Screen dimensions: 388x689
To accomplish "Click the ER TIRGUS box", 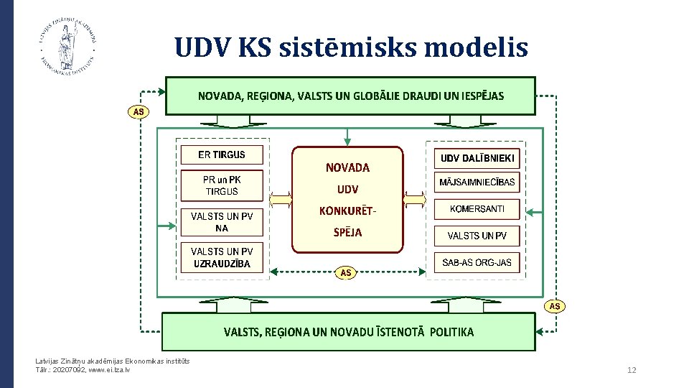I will coord(222,154).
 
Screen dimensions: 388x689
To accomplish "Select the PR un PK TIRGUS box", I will coord(222,185).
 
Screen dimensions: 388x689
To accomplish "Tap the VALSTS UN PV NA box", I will coord(222,222).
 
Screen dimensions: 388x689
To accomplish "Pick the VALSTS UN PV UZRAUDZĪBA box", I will coord(222,257).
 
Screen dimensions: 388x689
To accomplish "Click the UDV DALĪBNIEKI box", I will coord(477,158).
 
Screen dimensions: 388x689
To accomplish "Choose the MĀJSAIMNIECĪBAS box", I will coord(477,183).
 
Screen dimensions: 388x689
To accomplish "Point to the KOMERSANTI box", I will coord(477,209).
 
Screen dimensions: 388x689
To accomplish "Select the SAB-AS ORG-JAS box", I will coord(477,262).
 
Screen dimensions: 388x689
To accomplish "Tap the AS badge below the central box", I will coord(346,272).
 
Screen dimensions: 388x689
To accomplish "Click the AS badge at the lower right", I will coord(555,306).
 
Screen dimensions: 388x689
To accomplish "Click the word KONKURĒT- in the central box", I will coord(347,211).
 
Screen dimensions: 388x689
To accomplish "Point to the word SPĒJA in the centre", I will coord(348,232).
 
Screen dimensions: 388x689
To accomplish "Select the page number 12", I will coord(632,370).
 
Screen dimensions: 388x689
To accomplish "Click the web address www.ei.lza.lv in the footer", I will coord(109,369).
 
